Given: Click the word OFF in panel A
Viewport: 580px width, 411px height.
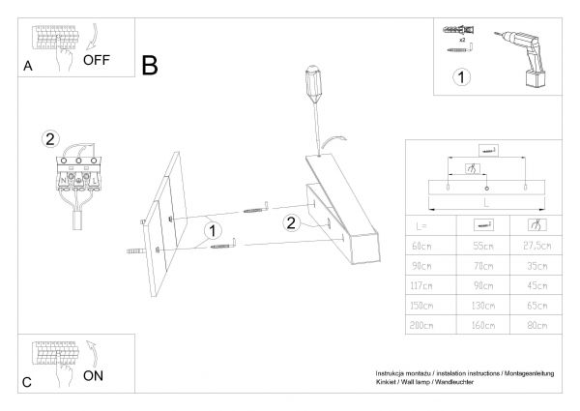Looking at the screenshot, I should tap(97, 59).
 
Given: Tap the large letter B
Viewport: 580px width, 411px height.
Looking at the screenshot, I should tap(150, 65).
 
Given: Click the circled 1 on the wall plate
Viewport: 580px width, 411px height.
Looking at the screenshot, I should tap(213, 231).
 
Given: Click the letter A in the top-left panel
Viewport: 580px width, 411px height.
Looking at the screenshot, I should tap(28, 67).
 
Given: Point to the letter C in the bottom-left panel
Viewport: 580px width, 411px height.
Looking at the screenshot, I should tap(28, 382).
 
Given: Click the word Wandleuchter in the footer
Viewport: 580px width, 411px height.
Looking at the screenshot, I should tap(478, 382).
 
